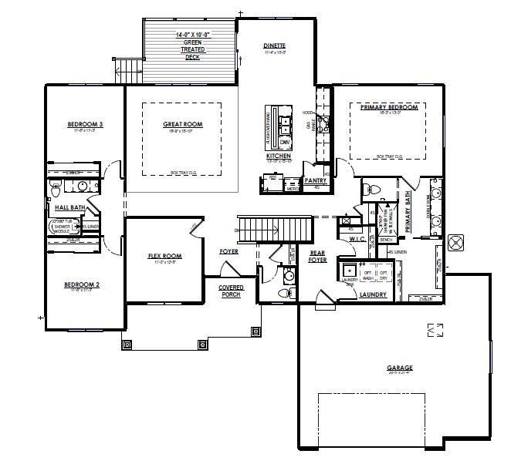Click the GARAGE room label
pyautogui.click(x=399, y=368)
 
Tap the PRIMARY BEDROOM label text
pyautogui.click(x=388, y=107)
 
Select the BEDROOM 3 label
pyautogui.click(x=85, y=124)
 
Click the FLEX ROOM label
pyautogui.click(x=164, y=256)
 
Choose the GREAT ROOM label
pyautogui.click(x=182, y=124)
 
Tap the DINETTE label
pyautogui.click(x=275, y=46)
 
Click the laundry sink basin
pyautogui.click(x=350, y=271)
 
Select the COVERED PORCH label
pyautogui.click(x=231, y=290)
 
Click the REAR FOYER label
pyautogui.click(x=316, y=256)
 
